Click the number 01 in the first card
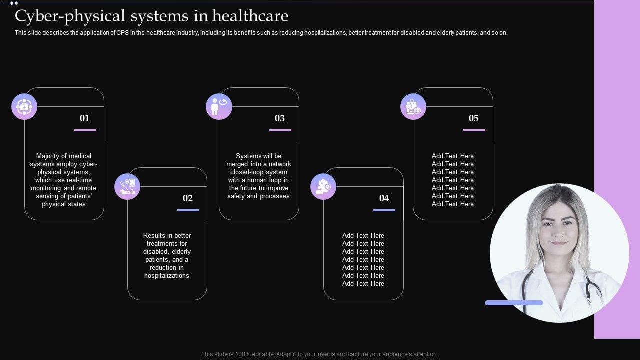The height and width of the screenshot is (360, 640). [x=85, y=118]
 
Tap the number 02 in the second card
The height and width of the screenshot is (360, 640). [x=188, y=198]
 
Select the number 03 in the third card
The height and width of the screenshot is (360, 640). [x=280, y=118]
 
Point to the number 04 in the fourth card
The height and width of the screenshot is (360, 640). [x=384, y=198]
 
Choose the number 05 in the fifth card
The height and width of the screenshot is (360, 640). [x=474, y=118]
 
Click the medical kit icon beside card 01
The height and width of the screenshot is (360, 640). [x=24, y=106]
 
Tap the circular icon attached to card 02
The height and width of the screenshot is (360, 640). [x=127, y=187]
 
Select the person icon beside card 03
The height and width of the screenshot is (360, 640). [x=219, y=106]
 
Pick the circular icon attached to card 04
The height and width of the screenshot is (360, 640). [x=323, y=187]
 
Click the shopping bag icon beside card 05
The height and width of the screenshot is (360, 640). [x=413, y=106]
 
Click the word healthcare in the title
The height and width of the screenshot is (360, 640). [x=250, y=16]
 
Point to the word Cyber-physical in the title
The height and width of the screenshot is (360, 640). [x=55, y=16]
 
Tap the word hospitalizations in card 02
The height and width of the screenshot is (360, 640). [x=167, y=276]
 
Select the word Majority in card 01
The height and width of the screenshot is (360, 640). [x=49, y=156]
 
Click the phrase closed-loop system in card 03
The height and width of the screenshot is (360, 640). [x=259, y=172]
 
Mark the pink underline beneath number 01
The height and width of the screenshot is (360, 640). [x=85, y=130]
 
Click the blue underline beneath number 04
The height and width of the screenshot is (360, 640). [x=384, y=210]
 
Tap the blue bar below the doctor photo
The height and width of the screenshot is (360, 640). [x=514, y=303]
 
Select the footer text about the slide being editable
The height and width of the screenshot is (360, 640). [x=320, y=354]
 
